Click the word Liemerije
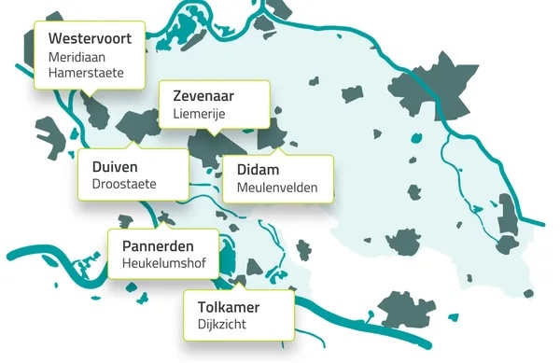[x=200, y=114]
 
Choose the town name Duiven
[x=115, y=166]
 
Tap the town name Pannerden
[x=158, y=246]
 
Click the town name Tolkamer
[x=229, y=307]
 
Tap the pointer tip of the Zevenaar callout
[x=214, y=135]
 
